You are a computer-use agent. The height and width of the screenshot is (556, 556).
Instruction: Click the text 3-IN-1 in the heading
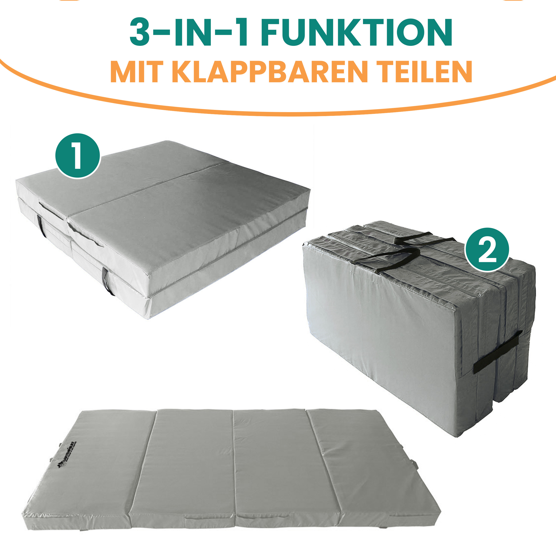[189, 32]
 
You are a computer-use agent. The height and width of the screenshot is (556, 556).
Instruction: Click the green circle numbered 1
[78, 156]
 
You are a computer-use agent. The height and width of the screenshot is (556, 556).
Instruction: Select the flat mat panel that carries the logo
[86, 472]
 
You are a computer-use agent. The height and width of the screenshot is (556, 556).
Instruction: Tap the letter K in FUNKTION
[344, 32]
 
